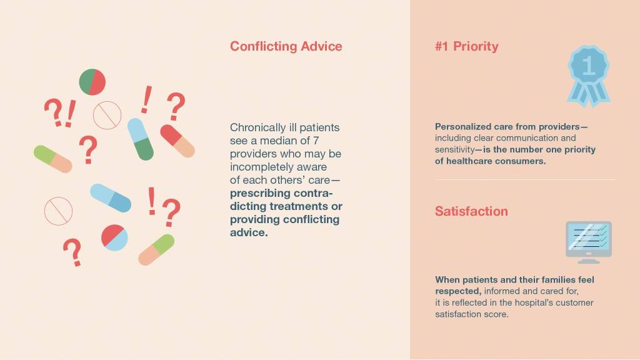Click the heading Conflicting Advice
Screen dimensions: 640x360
286,46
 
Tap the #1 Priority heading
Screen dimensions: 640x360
466,46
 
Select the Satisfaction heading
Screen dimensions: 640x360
471,211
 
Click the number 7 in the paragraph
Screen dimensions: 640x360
316,141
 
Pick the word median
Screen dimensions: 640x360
279,141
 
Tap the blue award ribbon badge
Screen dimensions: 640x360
588,76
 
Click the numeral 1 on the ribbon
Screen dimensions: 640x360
588,65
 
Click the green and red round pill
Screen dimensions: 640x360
92,82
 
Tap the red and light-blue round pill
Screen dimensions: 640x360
114,237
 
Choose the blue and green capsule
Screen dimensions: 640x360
141,139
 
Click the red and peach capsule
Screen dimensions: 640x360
177,141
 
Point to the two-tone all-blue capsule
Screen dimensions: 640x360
111,198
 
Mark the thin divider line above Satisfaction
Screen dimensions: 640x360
525,179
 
